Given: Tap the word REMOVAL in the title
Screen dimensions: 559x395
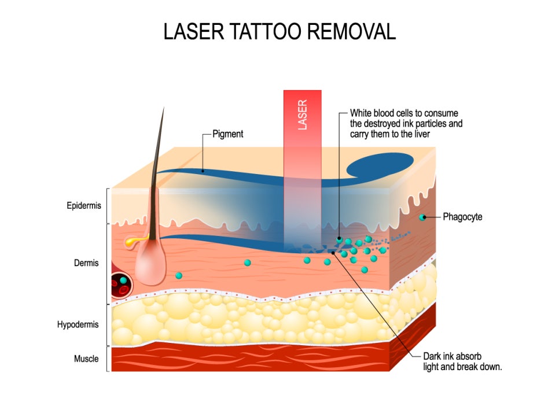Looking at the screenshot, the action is click(x=351, y=31).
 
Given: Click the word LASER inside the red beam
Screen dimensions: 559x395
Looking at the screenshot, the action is click(x=302, y=115).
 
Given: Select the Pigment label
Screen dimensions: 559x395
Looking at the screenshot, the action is click(x=228, y=134).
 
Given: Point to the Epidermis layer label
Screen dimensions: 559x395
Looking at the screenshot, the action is click(x=84, y=205).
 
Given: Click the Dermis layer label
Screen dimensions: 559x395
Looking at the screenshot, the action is click(x=86, y=263).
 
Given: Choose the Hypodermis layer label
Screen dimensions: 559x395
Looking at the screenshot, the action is click(x=78, y=324).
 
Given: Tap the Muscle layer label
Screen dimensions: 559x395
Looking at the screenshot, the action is click(x=86, y=359).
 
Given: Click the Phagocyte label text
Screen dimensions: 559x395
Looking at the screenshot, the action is click(x=462, y=216).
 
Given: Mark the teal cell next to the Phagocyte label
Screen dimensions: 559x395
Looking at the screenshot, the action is click(x=422, y=217).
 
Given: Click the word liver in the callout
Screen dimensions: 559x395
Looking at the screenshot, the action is click(x=422, y=134).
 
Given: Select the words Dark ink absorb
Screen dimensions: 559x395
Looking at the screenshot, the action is click(x=452, y=356).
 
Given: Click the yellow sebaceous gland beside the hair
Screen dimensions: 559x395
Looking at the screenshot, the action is click(x=134, y=241).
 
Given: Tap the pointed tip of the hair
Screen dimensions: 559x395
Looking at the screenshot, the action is click(x=164, y=107).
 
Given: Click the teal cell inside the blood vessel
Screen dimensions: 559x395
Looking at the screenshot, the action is click(x=123, y=280).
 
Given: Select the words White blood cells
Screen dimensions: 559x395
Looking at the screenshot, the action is click(x=380, y=113).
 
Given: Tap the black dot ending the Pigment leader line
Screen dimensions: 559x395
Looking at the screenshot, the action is click(x=203, y=171).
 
